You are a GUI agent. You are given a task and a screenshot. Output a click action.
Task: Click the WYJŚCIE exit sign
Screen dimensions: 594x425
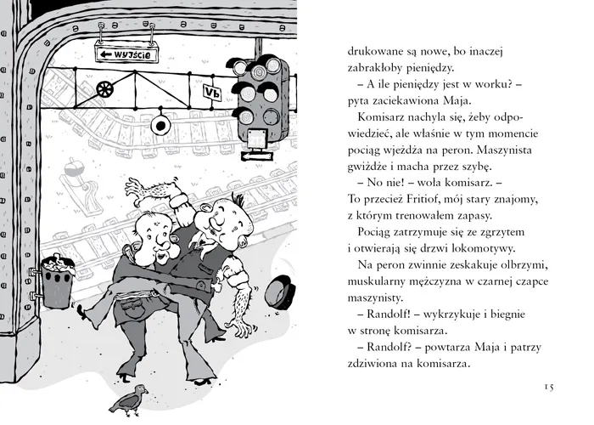click(x=126, y=54)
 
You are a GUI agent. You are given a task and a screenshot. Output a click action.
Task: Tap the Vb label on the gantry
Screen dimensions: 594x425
click(x=212, y=92)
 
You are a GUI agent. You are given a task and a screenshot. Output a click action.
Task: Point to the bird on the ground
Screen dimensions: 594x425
click(x=128, y=399)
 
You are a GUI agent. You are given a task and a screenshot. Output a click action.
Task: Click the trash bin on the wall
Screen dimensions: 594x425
click(x=57, y=280)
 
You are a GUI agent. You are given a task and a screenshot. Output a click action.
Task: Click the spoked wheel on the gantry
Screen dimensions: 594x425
click(x=104, y=89)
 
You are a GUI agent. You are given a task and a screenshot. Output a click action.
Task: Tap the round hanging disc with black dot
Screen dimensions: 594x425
click(x=160, y=126)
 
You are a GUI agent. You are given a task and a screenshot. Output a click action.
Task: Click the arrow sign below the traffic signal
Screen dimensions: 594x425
click(x=256, y=156)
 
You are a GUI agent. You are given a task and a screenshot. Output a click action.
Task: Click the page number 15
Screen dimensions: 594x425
click(x=549, y=387)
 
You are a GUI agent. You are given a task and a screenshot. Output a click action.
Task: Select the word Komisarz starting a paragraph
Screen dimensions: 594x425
click(x=380, y=117)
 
